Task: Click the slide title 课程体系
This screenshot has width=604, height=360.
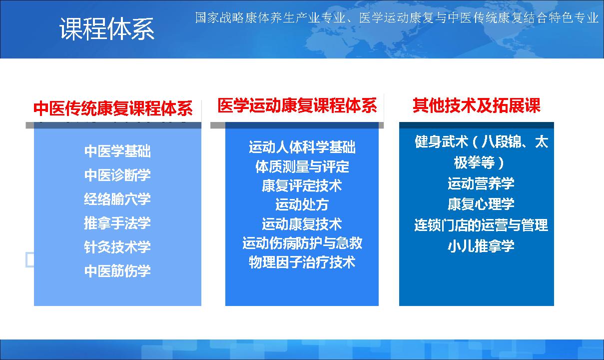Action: tap(107, 29)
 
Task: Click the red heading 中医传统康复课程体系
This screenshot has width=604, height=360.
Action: tap(113, 108)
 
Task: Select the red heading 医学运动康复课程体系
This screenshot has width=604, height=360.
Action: tap(297, 105)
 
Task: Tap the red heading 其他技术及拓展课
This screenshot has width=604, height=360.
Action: tap(477, 105)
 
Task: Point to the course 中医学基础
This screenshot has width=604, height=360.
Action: tap(117, 151)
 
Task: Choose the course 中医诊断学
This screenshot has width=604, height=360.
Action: tap(117, 175)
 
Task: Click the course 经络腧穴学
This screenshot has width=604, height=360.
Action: tap(117, 199)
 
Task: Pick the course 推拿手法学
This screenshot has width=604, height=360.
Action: tap(117, 223)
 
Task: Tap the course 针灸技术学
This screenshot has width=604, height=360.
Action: tap(117, 247)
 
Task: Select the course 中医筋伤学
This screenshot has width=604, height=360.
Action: tap(117, 271)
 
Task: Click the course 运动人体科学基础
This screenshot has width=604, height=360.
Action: tap(302, 147)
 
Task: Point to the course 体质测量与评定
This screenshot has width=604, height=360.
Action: tap(302, 166)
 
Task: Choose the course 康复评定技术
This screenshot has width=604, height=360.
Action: tap(302, 185)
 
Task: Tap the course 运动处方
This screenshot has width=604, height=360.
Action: tap(302, 205)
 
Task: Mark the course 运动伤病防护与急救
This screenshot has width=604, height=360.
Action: tap(302, 243)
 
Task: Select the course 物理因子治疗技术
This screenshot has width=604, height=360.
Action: tap(302, 262)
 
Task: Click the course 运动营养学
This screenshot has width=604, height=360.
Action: tap(481, 183)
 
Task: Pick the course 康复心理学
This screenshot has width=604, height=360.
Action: tap(481, 204)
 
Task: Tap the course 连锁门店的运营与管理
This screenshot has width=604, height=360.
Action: tap(481, 225)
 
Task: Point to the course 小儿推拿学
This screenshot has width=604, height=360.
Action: tap(481, 246)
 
